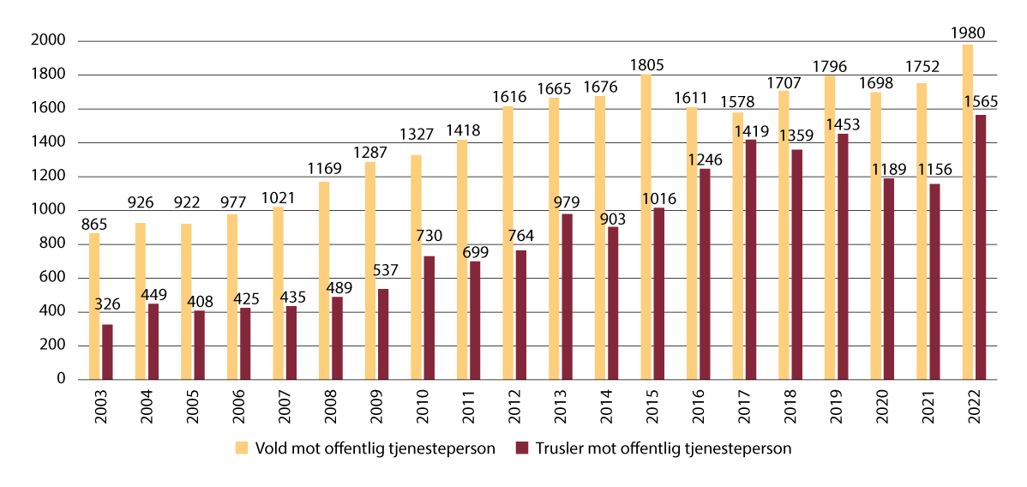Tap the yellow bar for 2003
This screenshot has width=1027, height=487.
pyautogui.click(x=94, y=306)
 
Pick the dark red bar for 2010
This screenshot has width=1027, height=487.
pyautogui.click(x=429, y=317)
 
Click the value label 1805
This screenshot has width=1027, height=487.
pyautogui.click(x=647, y=65)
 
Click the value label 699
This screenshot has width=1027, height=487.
pyautogui.click(x=475, y=251)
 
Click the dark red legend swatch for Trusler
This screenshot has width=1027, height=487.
pyautogui.click(x=523, y=448)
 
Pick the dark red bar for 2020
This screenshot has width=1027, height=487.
pyautogui.click(x=887, y=279)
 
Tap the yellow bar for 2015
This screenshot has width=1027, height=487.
pyautogui.click(x=646, y=227)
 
